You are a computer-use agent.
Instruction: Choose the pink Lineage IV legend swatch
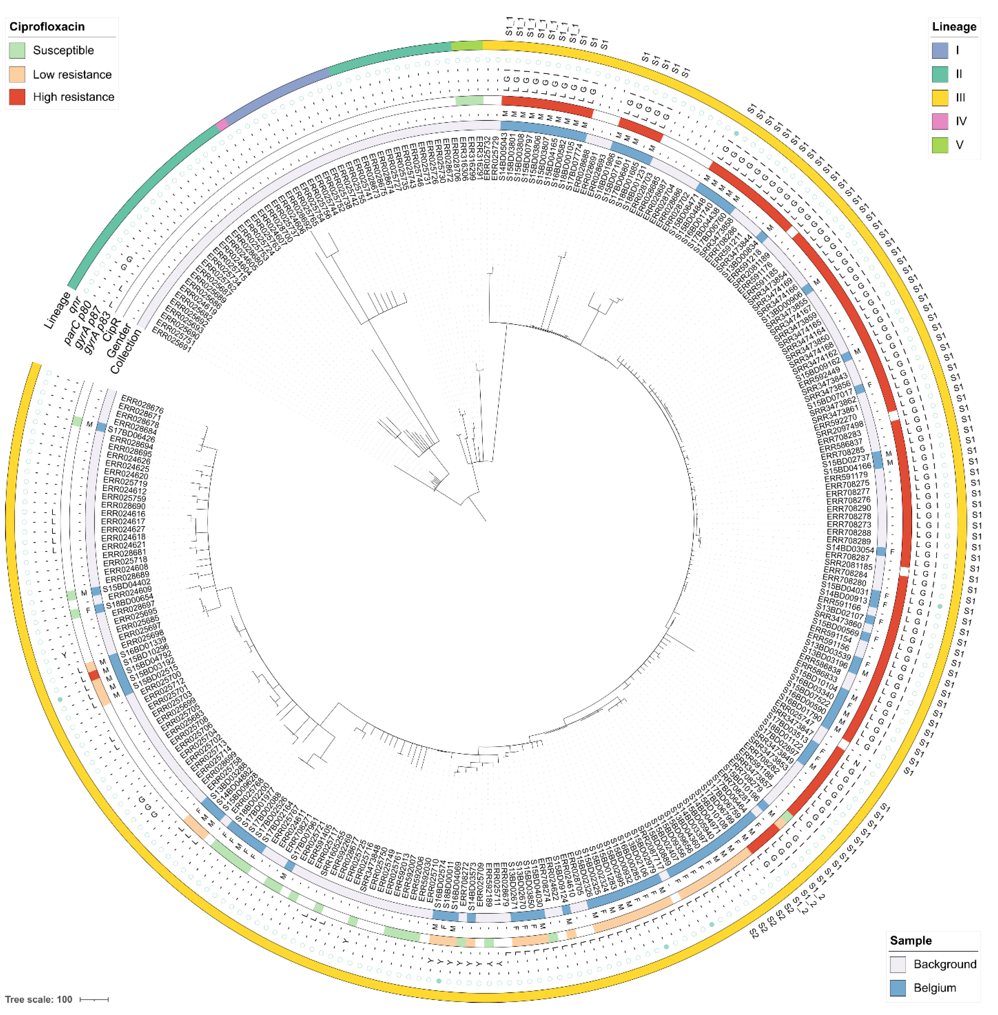point(940,121)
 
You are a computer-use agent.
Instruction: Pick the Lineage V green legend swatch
point(940,145)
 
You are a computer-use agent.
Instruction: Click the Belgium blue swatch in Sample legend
point(898,988)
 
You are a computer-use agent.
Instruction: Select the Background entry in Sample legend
point(944,964)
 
